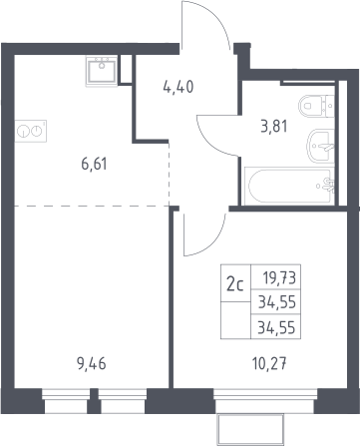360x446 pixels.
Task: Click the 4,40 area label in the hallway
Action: point(178,87)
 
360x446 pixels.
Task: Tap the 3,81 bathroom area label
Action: point(274,127)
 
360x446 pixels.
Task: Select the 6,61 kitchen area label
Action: point(94,165)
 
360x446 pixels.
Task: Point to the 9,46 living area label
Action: point(91,364)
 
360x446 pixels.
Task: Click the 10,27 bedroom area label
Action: point(269,364)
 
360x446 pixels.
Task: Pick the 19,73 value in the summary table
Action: point(279,277)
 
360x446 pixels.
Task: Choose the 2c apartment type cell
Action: point(235,284)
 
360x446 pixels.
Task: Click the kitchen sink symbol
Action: point(102,71)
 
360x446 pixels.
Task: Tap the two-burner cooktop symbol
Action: point(31,131)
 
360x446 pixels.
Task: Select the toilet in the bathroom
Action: point(316,106)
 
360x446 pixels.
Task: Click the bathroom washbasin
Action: point(320,146)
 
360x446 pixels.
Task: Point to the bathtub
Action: point(289,186)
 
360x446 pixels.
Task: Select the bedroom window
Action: point(265,401)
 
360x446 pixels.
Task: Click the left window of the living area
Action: point(66,401)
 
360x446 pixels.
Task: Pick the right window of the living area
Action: point(123,401)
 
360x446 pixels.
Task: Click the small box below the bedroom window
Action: point(250,430)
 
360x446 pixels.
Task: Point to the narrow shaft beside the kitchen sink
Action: point(125,69)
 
